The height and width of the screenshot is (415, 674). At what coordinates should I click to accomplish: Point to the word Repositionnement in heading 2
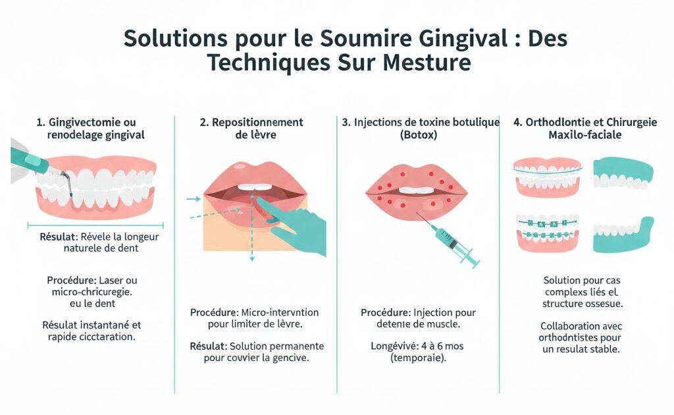(x=257, y=123)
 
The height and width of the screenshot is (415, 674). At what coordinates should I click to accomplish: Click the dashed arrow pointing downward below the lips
(x=251, y=244)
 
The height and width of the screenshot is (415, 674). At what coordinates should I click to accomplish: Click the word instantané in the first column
(x=108, y=325)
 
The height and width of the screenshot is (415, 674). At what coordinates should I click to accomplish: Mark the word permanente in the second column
(x=294, y=346)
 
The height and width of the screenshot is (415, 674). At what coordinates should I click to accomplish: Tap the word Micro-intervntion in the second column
(x=290, y=312)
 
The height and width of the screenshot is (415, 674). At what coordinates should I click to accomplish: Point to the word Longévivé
(x=389, y=346)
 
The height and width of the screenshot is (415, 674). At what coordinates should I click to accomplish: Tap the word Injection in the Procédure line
(x=437, y=312)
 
